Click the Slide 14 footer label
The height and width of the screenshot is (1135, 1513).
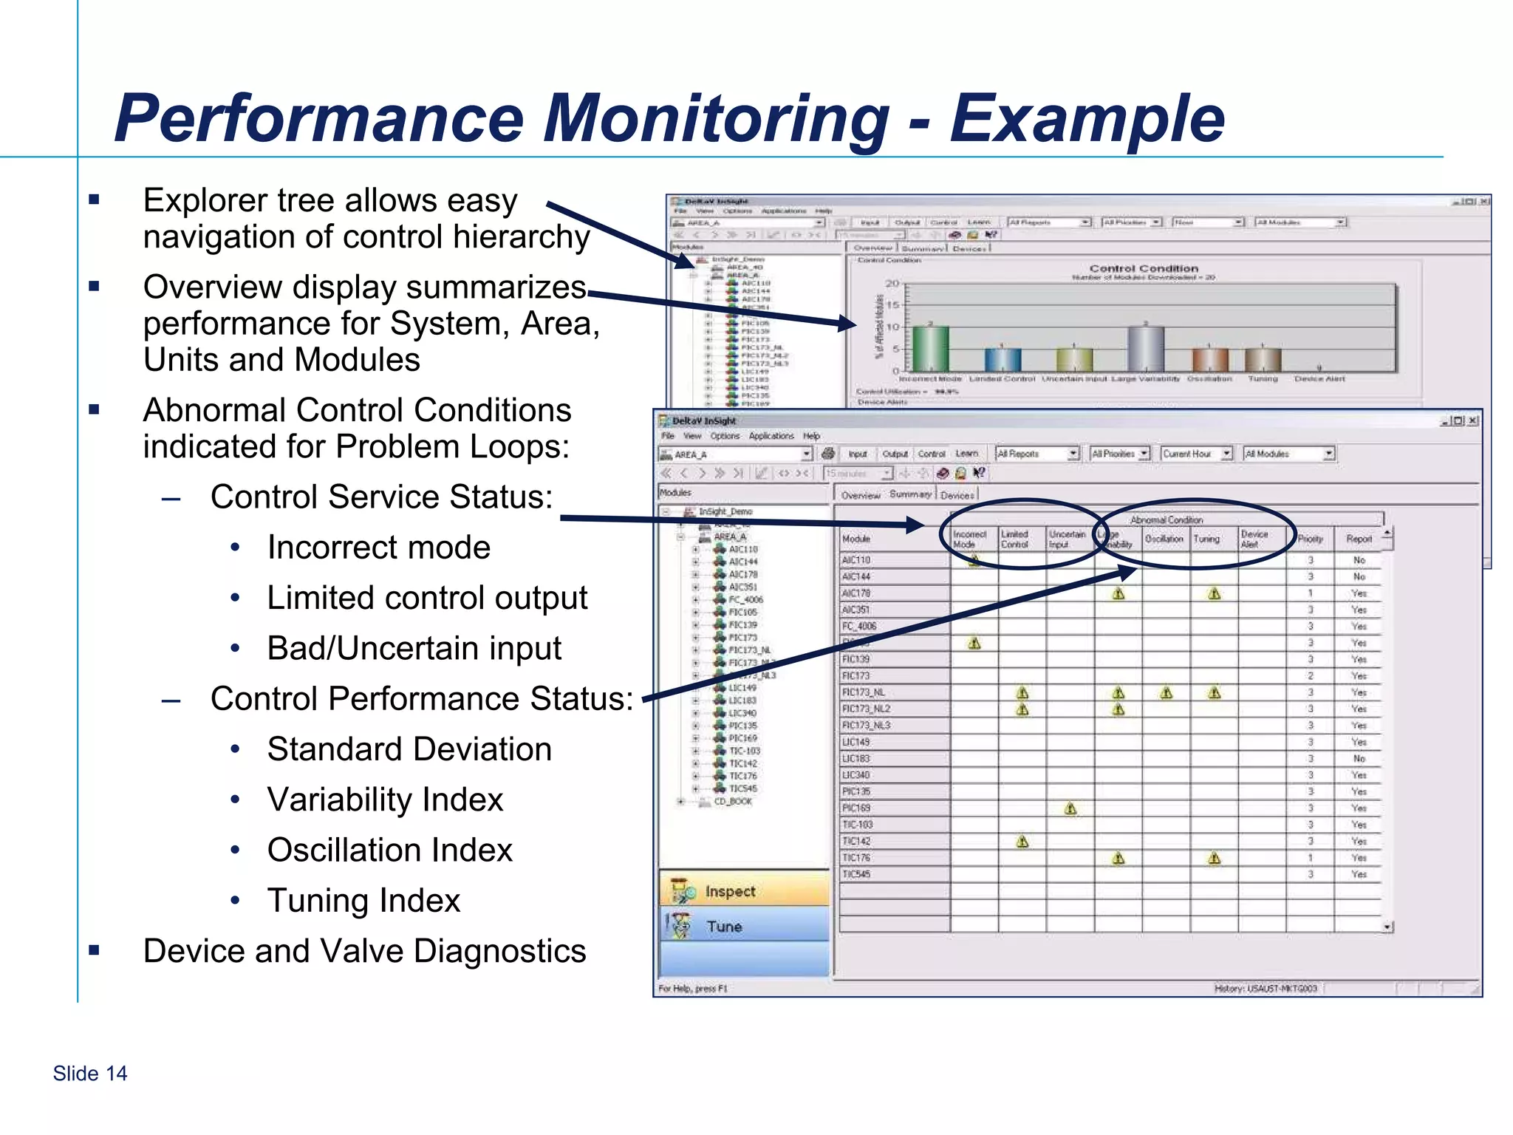click(90, 1073)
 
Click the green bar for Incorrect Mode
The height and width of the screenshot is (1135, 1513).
click(930, 348)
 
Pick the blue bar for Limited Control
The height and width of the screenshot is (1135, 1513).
click(1003, 360)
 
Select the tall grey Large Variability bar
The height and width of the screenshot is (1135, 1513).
click(1146, 348)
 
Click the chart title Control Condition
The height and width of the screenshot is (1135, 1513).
click(1143, 268)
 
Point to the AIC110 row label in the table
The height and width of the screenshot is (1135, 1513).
click(857, 560)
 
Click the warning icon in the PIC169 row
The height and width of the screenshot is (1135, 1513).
click(1070, 808)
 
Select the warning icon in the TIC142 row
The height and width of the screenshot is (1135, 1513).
click(1022, 841)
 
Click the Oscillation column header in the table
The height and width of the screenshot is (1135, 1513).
click(1164, 539)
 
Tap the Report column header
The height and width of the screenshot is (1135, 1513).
click(1359, 539)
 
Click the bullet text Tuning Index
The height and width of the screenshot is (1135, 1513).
click(363, 901)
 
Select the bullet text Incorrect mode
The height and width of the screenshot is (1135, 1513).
click(378, 548)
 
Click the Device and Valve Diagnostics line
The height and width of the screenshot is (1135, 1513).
click(364, 951)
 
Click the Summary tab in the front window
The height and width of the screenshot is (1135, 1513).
click(910, 494)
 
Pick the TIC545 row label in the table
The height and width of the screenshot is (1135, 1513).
click(857, 874)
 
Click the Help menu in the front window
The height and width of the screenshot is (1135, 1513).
click(811, 436)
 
